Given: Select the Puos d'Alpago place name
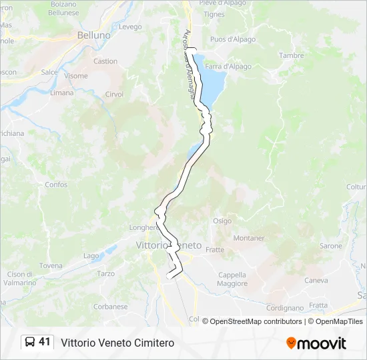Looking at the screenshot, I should tap(233, 39).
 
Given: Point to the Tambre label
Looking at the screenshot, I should tap(291, 56).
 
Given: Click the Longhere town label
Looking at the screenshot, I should tap(143, 227).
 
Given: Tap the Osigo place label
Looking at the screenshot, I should tap(222, 221).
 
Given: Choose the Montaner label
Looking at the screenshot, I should tap(249, 238).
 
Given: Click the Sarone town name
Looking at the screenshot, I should tap(331, 246).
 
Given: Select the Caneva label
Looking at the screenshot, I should tap(316, 280).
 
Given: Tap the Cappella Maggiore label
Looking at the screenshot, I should tap(232, 279).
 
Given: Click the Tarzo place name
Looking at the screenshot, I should tap(106, 273).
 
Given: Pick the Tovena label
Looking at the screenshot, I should tap(51, 265).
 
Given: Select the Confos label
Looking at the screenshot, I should tap(56, 185).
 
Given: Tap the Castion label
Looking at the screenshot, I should tap(105, 61).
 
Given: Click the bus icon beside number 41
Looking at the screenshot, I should tap(30, 342).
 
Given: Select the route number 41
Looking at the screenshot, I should tap(45, 342).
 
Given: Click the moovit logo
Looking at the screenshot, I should tap(316, 343).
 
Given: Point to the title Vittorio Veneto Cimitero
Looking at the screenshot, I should tap(117, 343).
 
